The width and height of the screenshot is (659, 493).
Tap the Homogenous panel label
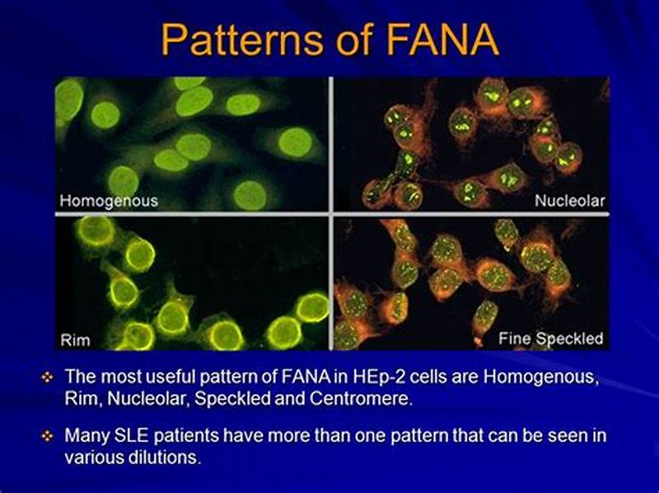[x=108, y=200]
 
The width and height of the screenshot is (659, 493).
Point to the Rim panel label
[x=76, y=338]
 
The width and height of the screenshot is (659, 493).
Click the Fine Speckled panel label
[x=550, y=338]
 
